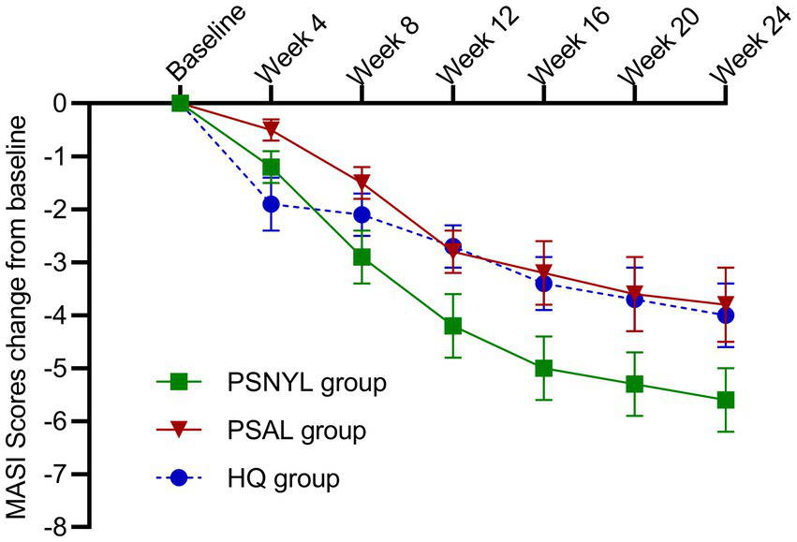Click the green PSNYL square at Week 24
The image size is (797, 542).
tap(725, 400)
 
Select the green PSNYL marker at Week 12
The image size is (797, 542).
tap(452, 326)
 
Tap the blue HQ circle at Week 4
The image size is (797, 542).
tap(271, 203)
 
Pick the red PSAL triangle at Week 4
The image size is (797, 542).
tap(271, 130)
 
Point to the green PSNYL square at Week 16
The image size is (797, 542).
tap(543, 368)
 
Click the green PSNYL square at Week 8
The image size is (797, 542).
tap(362, 256)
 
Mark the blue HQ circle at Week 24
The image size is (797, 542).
tap(725, 315)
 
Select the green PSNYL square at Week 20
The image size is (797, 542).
tap(634, 384)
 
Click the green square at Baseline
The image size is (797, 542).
tap(180, 103)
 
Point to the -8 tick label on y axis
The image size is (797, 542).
tap(60, 527)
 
